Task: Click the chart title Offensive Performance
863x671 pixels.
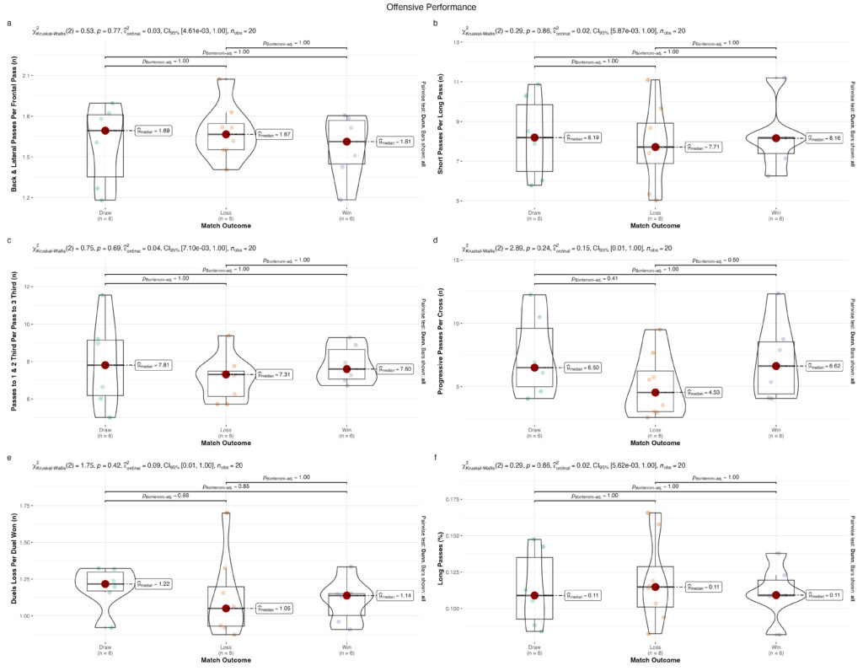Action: [431, 7]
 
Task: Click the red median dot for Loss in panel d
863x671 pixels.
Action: [655, 392]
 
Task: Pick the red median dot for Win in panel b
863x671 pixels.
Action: [775, 137]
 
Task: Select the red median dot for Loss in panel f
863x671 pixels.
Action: [655, 587]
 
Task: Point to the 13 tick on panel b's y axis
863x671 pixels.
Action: [458, 41]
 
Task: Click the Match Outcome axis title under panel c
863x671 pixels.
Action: [226, 443]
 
